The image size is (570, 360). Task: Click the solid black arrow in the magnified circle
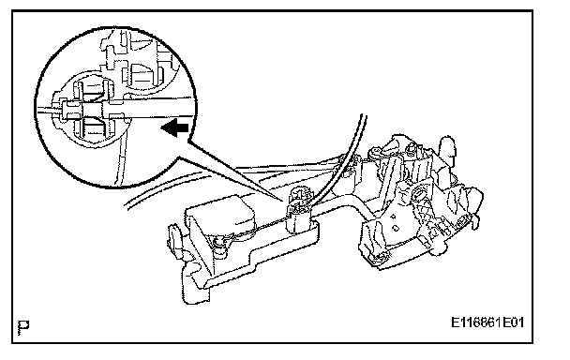(x=175, y=128)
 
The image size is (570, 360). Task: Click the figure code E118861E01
(x=487, y=322)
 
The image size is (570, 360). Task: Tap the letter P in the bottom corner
(x=23, y=327)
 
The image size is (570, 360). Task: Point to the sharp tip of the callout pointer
(x=284, y=201)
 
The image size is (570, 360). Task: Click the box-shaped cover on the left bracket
(x=220, y=217)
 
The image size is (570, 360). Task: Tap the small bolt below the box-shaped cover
(x=218, y=242)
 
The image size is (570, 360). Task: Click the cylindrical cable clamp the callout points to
(x=300, y=211)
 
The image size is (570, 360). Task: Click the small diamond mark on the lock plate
(x=394, y=217)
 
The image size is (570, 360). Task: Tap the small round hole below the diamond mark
(x=397, y=229)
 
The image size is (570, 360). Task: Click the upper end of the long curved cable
(x=364, y=116)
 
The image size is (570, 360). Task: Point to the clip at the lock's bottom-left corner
(x=379, y=257)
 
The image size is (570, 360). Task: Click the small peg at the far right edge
(x=474, y=222)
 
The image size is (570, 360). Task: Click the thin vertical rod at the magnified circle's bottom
(x=121, y=160)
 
